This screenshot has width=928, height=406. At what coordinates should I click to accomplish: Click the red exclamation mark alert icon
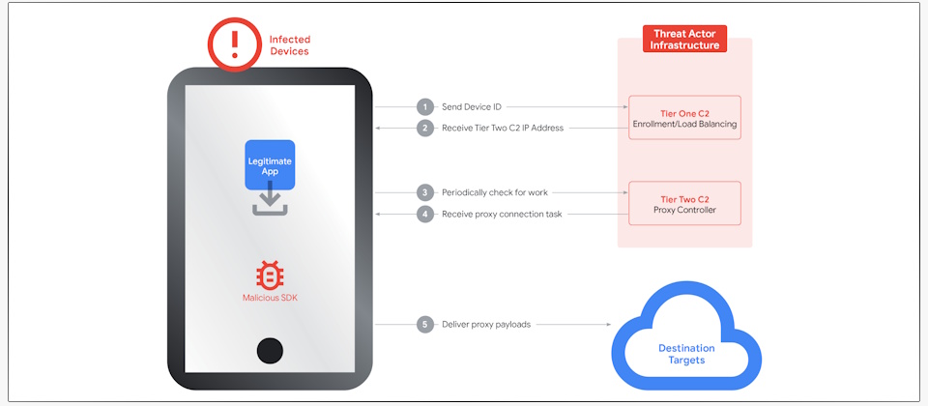click(x=234, y=44)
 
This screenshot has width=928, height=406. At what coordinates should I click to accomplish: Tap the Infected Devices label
click(x=289, y=45)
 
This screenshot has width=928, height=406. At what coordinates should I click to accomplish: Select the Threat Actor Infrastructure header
click(x=684, y=39)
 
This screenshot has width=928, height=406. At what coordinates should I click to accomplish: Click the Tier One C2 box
click(x=684, y=118)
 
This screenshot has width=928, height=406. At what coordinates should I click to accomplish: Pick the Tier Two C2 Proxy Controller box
click(x=684, y=203)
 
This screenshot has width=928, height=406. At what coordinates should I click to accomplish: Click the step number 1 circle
click(x=424, y=106)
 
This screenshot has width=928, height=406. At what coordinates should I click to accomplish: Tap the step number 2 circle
click(x=424, y=128)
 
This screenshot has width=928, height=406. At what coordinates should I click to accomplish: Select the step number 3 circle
click(x=424, y=192)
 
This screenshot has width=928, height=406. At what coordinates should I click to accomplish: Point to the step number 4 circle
click(x=424, y=214)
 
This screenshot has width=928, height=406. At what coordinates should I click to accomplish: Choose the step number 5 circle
click(x=424, y=325)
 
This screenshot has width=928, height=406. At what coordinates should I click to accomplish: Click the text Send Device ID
click(x=472, y=106)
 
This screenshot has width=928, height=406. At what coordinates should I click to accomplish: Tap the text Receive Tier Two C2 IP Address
click(x=503, y=128)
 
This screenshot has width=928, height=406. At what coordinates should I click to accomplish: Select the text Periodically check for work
click(x=494, y=192)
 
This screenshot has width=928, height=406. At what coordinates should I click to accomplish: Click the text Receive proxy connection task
click(x=502, y=214)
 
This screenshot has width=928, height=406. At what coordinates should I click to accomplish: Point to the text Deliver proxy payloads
click(x=485, y=325)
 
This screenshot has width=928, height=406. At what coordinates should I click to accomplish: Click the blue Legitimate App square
click(x=269, y=164)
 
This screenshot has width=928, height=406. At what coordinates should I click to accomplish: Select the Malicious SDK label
click(x=270, y=298)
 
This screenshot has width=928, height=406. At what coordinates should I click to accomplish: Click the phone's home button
click(x=270, y=350)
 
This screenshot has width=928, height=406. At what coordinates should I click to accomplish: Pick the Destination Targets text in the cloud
click(x=686, y=354)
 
